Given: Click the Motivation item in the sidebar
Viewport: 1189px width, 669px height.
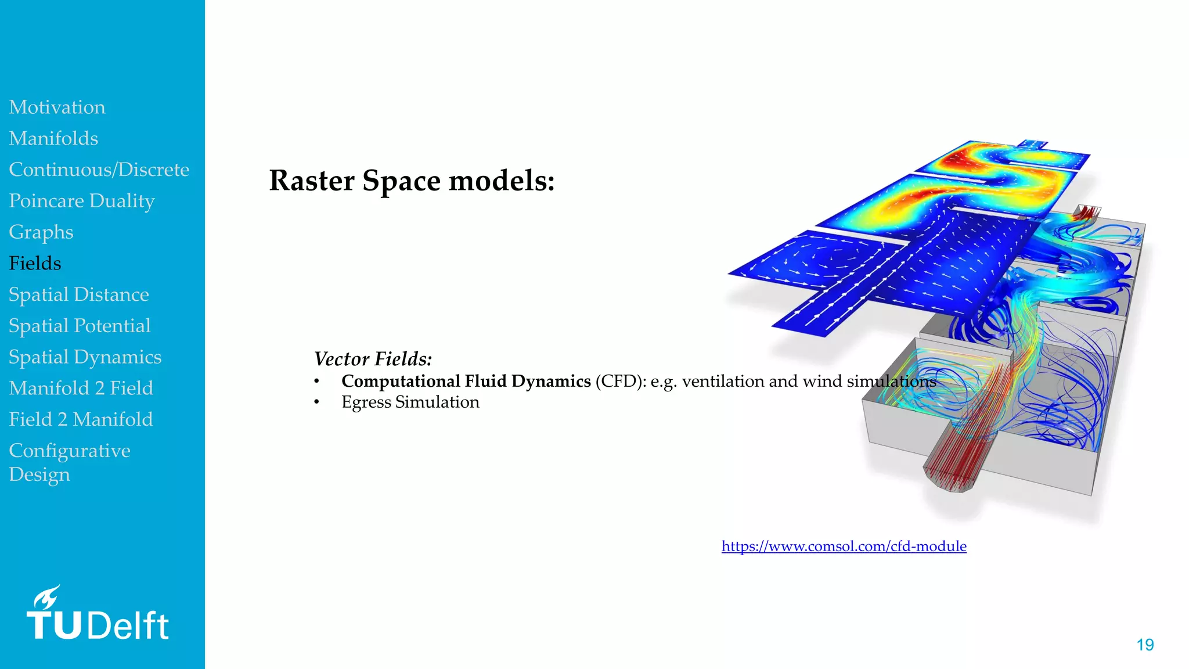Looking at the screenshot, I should coord(57,107).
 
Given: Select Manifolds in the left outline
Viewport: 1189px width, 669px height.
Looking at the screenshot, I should coord(53,139).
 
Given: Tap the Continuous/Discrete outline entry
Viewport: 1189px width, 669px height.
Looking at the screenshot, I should coord(99,170).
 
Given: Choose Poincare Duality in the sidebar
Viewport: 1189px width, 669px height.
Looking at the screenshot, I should coord(82,201).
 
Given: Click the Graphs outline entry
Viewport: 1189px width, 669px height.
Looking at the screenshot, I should coord(41,232).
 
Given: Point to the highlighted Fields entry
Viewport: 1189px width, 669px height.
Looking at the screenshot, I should coord(35,264).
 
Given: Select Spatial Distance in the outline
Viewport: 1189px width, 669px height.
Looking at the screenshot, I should coord(79,295).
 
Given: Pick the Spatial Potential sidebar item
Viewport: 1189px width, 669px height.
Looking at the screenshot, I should coord(80,326).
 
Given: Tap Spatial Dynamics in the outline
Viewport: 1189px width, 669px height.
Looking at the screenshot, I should coord(85,357).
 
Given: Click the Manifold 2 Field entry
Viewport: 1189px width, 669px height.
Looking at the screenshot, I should coord(81,389).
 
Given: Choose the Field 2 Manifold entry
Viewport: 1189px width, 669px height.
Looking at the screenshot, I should coord(81,419).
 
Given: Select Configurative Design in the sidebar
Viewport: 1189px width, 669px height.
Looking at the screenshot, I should coord(69,462).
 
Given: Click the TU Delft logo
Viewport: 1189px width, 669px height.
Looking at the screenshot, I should coord(98,614).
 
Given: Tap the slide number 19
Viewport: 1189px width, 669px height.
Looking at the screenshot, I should coord(1145,645).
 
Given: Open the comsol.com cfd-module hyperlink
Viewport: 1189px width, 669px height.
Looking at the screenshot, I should coord(844,546).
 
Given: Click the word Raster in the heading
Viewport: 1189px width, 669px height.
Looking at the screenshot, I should coord(312,181).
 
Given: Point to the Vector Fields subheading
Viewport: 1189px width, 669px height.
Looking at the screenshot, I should coord(373,359).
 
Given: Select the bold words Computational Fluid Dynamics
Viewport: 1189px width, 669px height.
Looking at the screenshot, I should coord(466,382).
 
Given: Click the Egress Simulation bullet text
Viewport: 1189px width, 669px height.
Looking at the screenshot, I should coord(410,402).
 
